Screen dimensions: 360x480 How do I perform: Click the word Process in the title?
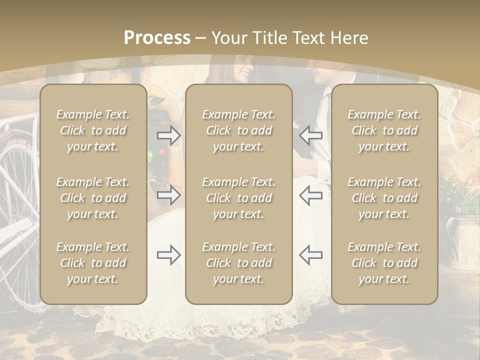click(157, 38)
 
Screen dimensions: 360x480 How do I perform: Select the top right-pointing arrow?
click(169, 135)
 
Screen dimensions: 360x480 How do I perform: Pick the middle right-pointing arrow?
click(169, 195)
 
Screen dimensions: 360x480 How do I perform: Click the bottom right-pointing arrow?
click(169, 255)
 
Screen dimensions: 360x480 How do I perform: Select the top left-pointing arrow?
click(310, 135)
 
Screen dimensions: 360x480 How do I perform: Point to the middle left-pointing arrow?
click(310, 195)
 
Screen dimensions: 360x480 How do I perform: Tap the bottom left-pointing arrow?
click(310, 255)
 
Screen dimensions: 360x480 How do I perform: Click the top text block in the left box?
click(93, 131)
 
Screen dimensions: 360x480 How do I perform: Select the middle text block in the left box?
click(93, 198)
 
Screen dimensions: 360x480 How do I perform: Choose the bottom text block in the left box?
click(93, 263)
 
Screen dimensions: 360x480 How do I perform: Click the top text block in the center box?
click(238, 131)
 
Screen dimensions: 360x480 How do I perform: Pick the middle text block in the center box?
click(238, 198)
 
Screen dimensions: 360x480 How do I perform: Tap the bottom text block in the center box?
click(238, 263)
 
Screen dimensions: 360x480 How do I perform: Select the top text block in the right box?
click(384, 131)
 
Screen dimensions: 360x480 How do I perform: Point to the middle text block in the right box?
click(384, 198)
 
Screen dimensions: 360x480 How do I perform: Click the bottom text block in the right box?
click(384, 263)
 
